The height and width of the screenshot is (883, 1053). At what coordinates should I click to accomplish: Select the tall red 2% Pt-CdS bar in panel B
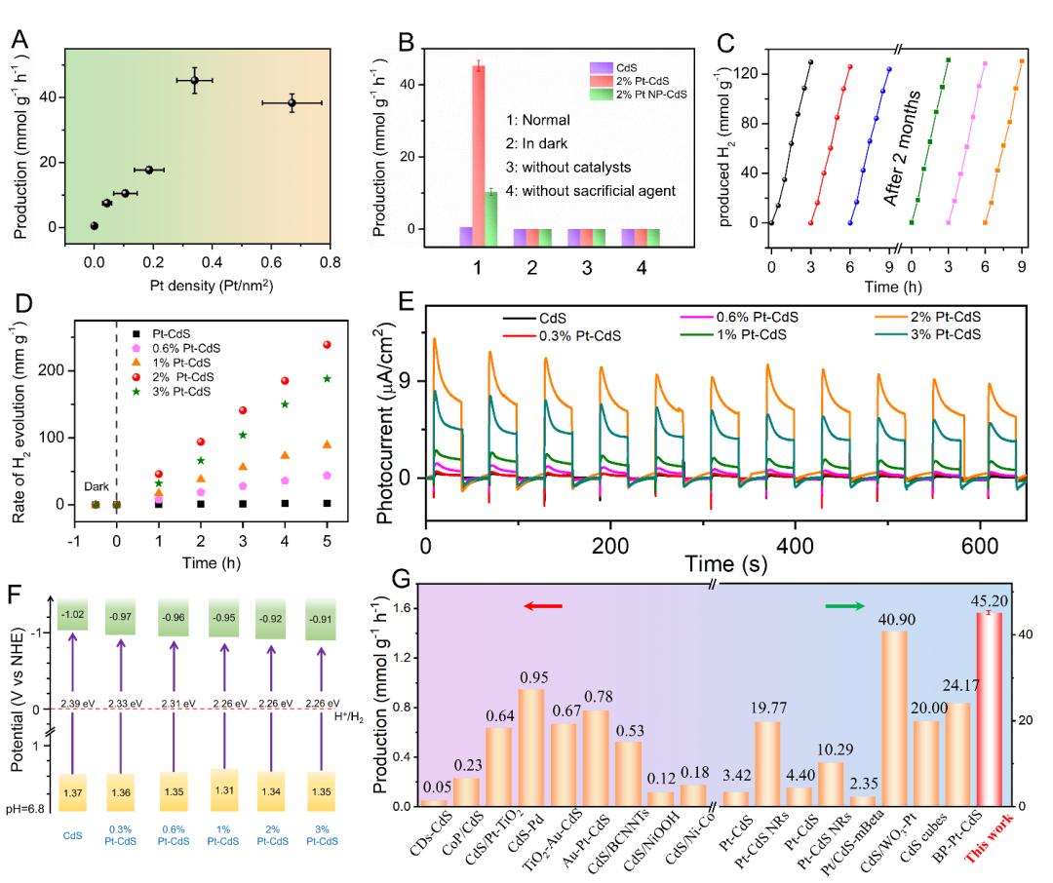(x=479, y=146)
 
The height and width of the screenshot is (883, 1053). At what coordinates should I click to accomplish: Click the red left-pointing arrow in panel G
(x=543, y=606)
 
